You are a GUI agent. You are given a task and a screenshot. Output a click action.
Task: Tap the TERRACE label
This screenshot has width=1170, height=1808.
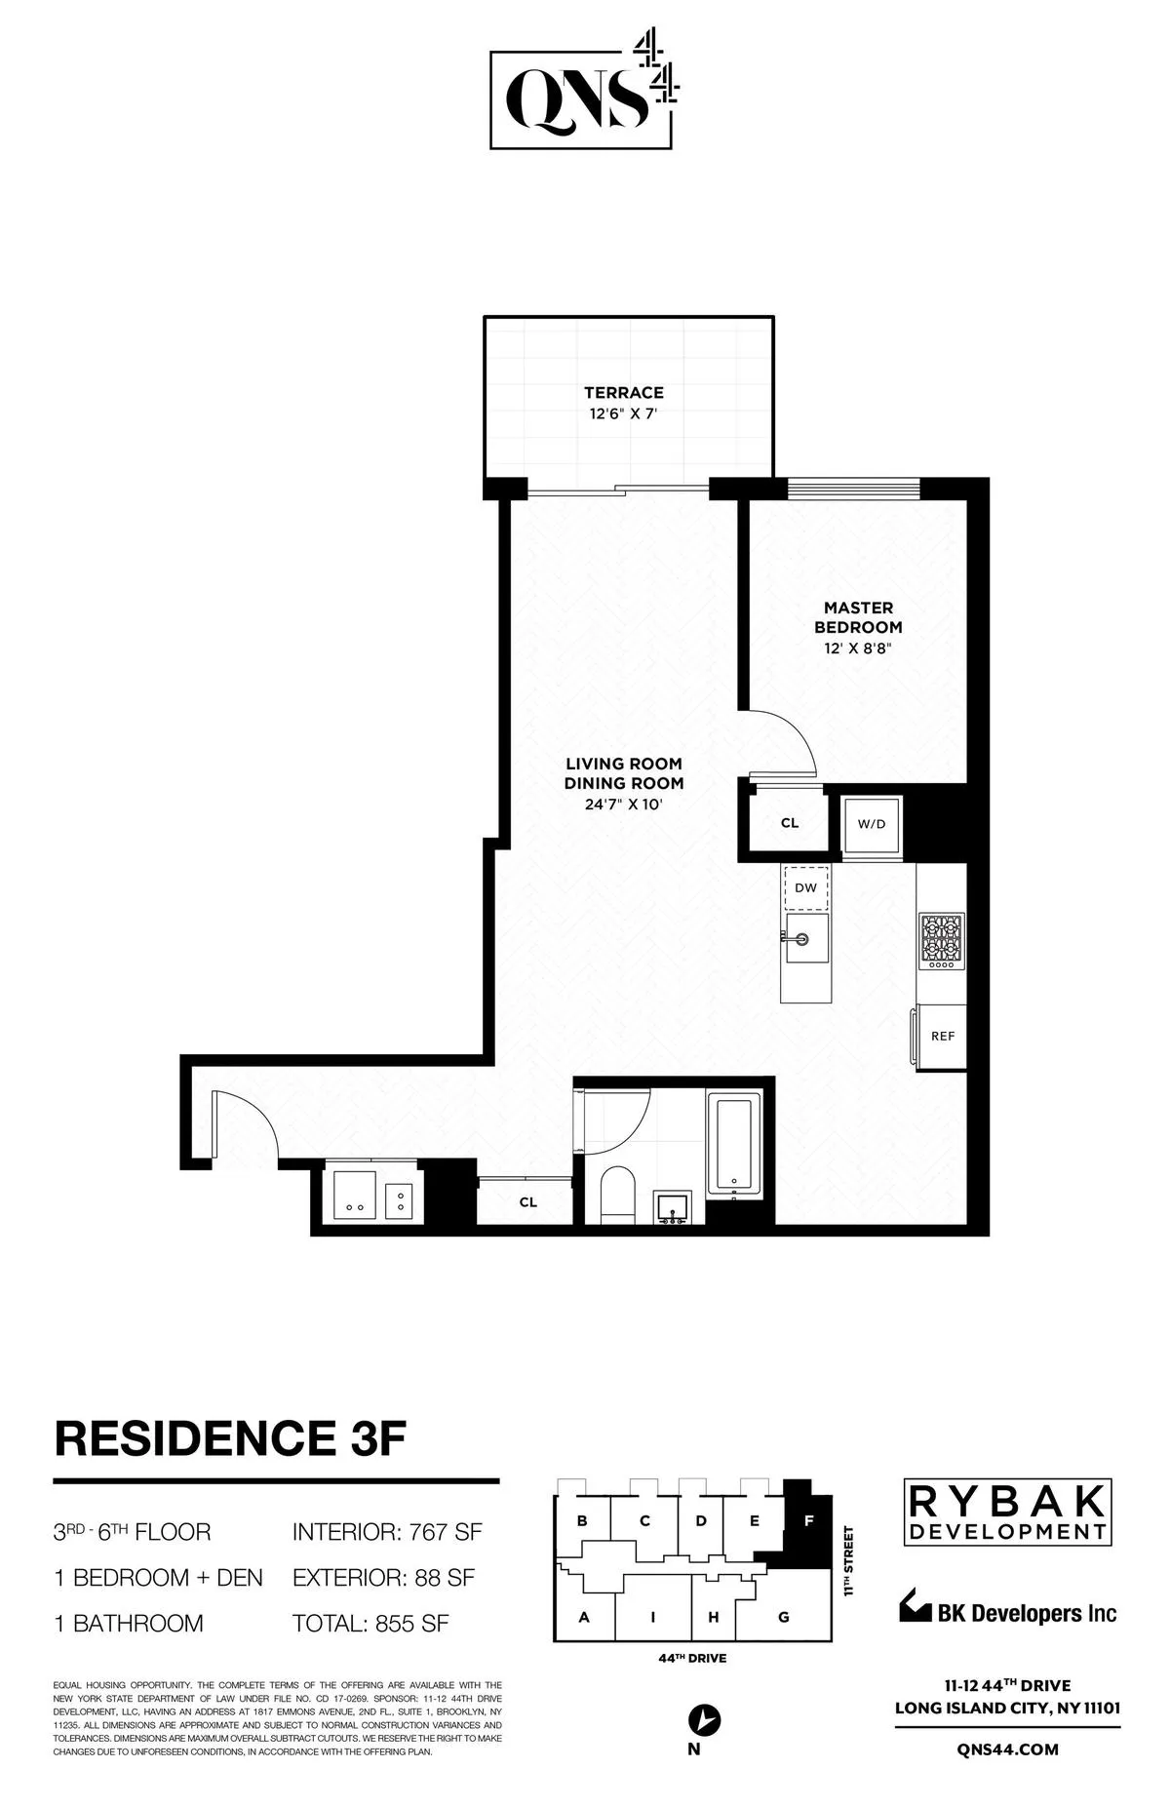point(624,393)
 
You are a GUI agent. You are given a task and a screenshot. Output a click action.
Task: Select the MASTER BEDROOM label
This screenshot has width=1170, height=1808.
point(858,618)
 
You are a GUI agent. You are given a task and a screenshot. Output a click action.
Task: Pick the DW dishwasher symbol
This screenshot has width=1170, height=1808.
point(805,888)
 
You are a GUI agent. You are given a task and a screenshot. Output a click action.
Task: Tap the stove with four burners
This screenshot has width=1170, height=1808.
point(941,942)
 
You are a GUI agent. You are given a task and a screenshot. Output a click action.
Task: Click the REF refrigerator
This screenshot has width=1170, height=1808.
point(942,1037)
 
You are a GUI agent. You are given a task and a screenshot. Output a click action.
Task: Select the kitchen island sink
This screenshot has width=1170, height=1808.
point(805,939)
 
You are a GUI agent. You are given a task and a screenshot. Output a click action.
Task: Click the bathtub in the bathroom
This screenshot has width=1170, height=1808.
point(733,1144)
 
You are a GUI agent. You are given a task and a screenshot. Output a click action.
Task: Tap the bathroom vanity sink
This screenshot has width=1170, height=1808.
point(674,1207)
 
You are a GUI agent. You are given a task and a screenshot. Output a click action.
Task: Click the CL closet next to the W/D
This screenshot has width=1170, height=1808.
point(790,823)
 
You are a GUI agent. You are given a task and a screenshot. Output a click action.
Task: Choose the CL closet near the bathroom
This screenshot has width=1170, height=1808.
point(527,1202)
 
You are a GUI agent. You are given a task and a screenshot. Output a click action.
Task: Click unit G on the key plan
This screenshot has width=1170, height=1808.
point(783,1617)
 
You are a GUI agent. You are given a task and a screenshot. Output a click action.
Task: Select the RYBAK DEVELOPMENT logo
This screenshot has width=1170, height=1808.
point(1008,1513)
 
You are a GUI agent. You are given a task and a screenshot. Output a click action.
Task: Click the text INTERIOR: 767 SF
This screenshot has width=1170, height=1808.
point(387,1532)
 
